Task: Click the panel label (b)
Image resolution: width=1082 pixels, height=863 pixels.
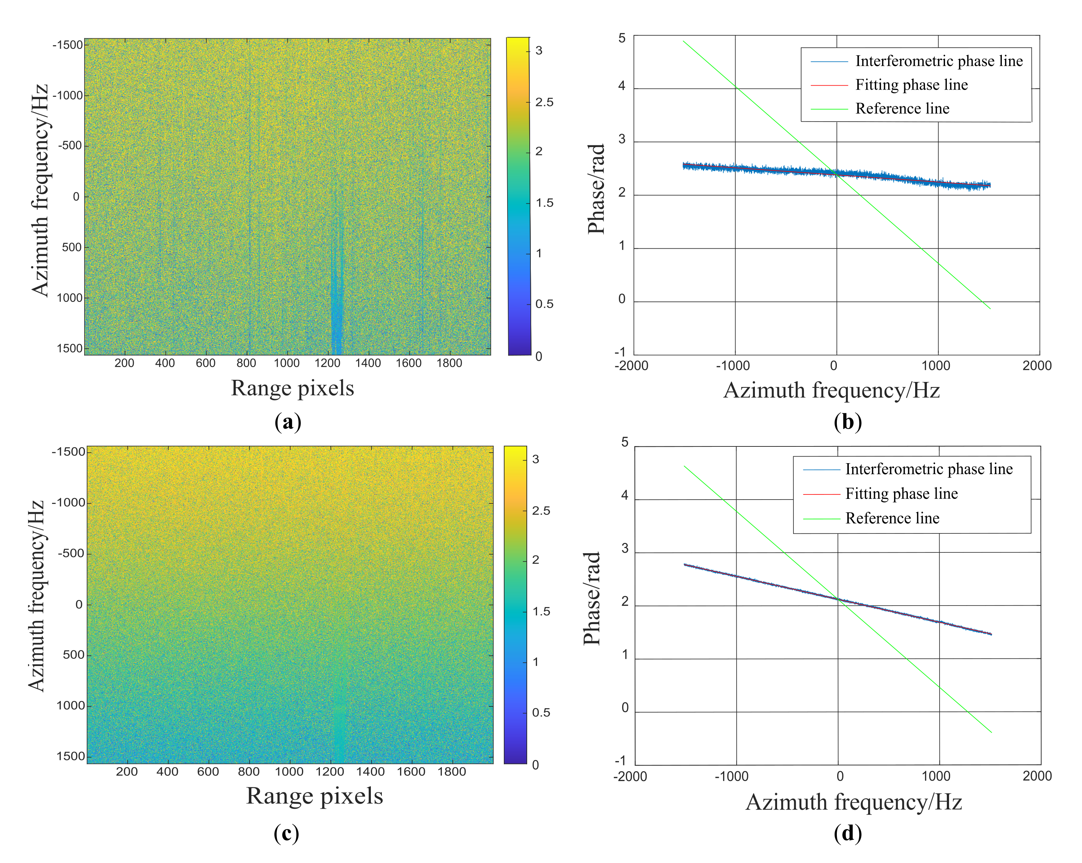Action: point(848,421)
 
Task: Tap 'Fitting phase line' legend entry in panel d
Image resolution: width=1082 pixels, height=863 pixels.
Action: point(901,494)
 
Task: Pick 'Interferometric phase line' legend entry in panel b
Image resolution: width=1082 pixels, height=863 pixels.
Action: point(938,61)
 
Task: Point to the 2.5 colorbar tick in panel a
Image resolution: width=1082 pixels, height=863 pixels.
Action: point(544,102)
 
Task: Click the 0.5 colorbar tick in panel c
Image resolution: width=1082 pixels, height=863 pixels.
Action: point(541,713)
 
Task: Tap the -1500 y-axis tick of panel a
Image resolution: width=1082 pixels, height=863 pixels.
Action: point(68,45)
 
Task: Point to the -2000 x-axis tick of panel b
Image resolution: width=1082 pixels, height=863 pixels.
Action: point(631,366)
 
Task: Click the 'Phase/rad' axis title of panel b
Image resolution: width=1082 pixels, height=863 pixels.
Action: point(596,189)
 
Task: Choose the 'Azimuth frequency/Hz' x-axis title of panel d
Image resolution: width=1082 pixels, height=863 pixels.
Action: point(853,802)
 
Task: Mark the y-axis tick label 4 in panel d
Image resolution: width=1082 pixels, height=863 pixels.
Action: point(625,496)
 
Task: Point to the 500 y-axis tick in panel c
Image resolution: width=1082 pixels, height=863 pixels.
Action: point(73,655)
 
